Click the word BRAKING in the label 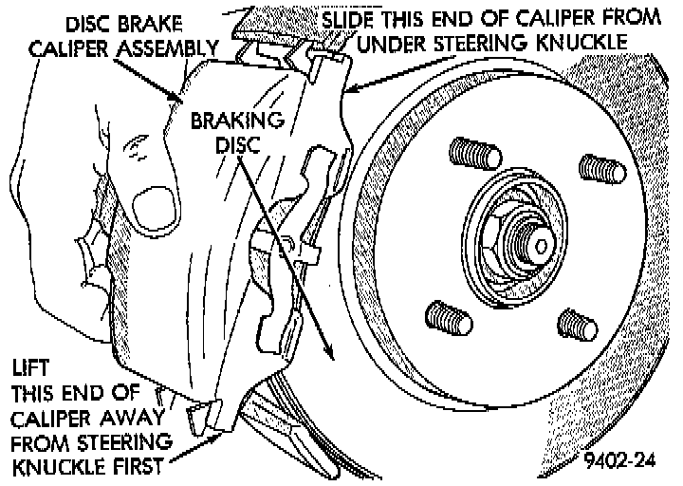(x=226, y=121)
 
